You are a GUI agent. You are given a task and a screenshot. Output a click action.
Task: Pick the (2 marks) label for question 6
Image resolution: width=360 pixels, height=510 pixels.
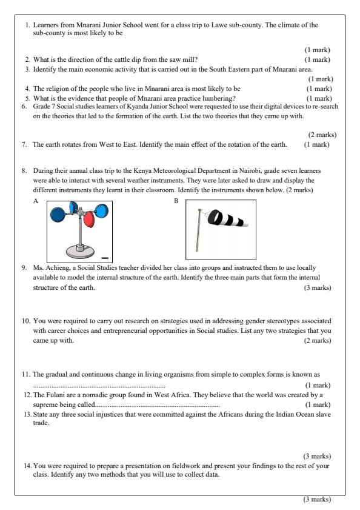point(322,135)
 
